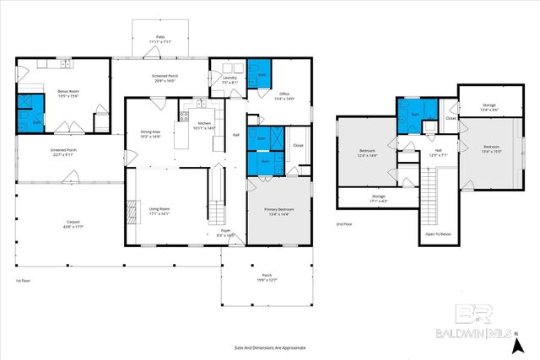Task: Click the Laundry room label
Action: click(x=229, y=81)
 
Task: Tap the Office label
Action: click(x=284, y=95)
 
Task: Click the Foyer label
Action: click(x=225, y=233)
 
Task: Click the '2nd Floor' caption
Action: click(x=344, y=224)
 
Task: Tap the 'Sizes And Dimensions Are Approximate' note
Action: click(x=270, y=347)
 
